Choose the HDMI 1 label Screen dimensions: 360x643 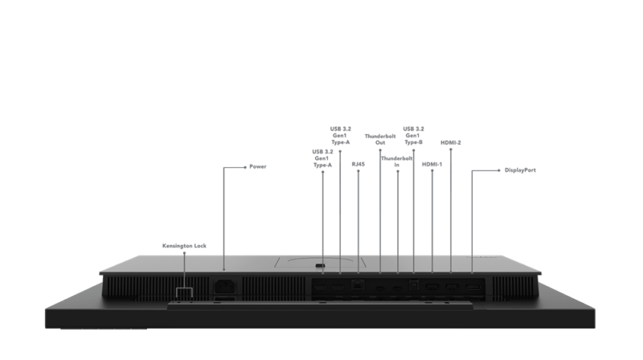point(432,164)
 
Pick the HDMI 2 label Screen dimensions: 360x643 point(451,143)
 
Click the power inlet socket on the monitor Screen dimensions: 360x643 point(223,284)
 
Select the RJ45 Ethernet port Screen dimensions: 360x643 point(358,285)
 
